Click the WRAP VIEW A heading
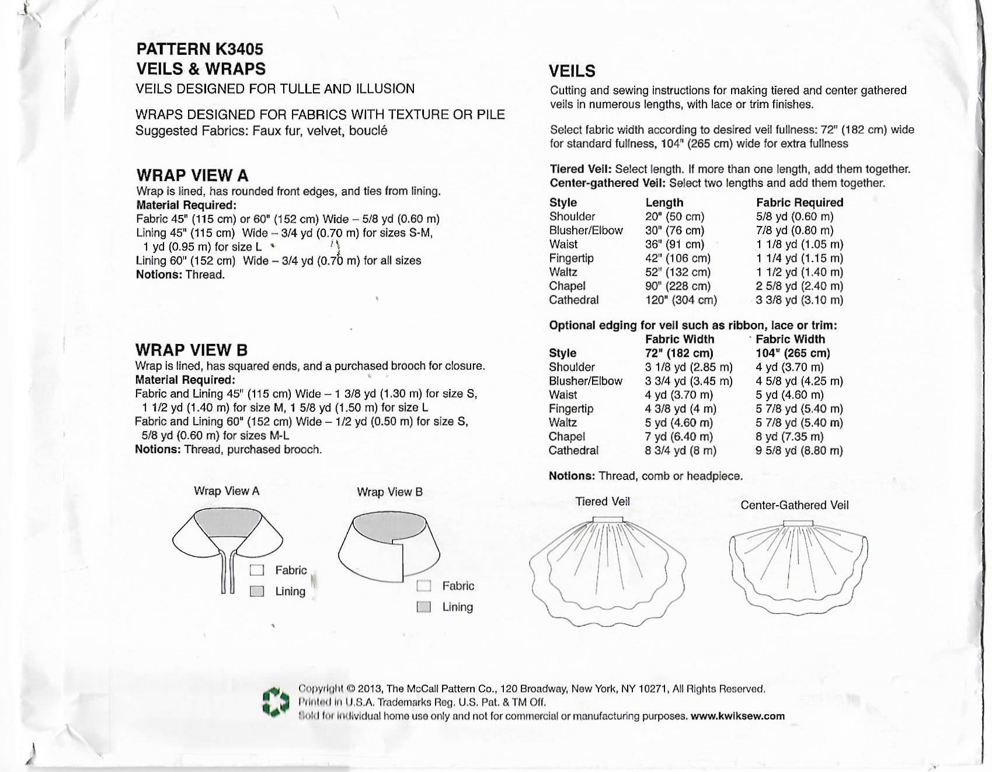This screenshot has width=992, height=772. [x=192, y=175]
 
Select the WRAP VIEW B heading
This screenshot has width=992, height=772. [x=192, y=350]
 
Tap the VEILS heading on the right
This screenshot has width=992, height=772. [x=572, y=71]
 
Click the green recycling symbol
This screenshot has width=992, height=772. [x=276, y=701]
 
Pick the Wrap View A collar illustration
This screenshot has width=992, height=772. [x=228, y=540]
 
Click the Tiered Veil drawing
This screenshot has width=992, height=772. [x=607, y=569]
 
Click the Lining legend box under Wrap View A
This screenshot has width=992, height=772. [x=257, y=592]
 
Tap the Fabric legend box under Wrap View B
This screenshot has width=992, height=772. [x=424, y=586]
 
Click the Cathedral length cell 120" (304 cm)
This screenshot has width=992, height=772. [x=681, y=300]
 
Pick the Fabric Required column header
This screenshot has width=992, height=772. [x=799, y=203]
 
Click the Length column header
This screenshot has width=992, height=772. [x=664, y=203]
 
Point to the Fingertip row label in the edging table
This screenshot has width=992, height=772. [x=571, y=409]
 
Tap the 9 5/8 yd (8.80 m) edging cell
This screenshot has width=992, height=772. [x=799, y=451]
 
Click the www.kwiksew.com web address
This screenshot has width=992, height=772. [x=737, y=717]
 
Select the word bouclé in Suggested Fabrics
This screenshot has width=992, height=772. [x=368, y=131]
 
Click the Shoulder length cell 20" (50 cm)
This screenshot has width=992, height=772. [x=674, y=217]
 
